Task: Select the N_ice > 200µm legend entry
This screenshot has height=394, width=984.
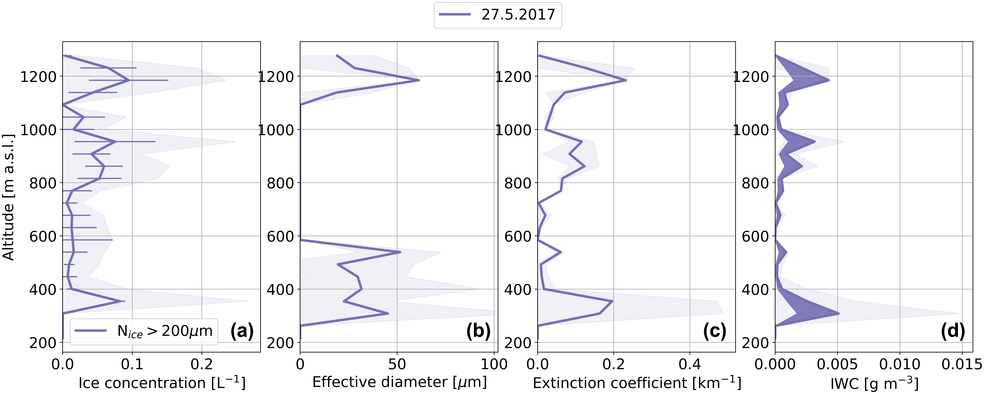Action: (x=164, y=331)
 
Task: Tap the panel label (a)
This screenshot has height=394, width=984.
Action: (x=242, y=331)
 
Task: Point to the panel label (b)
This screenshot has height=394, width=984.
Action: (x=478, y=331)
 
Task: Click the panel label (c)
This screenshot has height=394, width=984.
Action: (x=714, y=331)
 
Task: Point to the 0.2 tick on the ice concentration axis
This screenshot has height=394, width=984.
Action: (x=202, y=364)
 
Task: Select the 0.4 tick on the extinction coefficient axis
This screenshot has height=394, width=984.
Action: (x=689, y=364)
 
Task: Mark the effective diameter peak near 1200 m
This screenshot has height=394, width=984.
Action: (x=419, y=80)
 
